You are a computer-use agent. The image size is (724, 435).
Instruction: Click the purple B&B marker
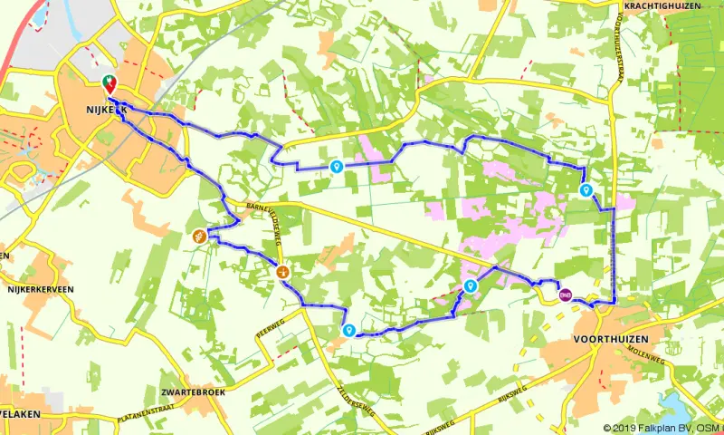click(565, 294)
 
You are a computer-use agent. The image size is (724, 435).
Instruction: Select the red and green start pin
click(109, 83)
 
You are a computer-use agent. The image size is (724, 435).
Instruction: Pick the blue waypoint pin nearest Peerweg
click(349, 330)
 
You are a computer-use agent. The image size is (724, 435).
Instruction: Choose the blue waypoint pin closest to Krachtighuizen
click(586, 189)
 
